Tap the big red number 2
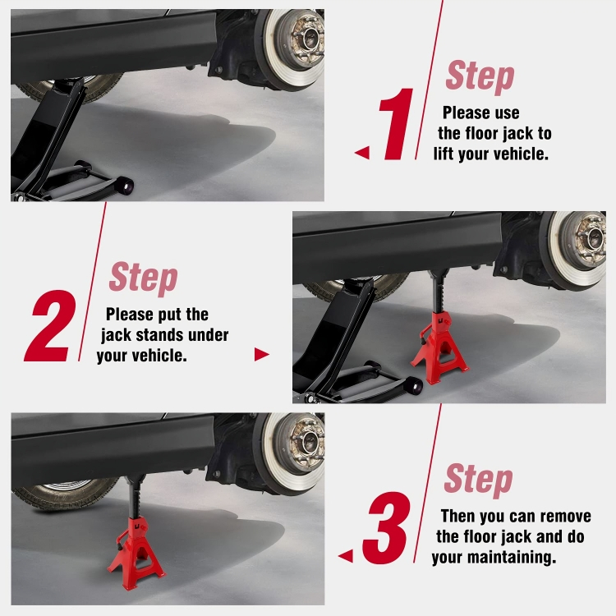(x=50, y=326)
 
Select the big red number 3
(x=386, y=527)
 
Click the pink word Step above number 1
(x=480, y=76)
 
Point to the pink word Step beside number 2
(x=144, y=278)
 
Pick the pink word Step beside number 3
(x=479, y=480)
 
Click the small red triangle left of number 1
(x=362, y=153)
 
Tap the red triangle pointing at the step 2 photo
(x=262, y=354)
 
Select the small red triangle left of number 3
(x=346, y=556)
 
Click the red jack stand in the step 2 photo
(x=439, y=346)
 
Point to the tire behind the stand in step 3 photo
(x=65, y=492)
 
